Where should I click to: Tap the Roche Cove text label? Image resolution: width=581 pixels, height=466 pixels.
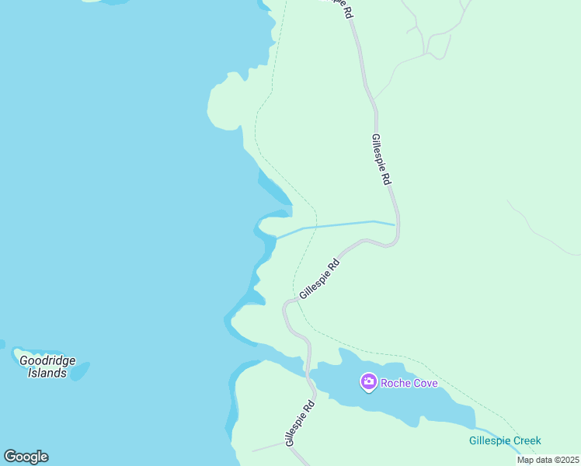(x=409, y=383)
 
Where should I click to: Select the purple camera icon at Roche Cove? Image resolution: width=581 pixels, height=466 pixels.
(x=368, y=382)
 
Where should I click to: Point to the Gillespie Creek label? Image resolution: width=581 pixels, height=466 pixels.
(x=504, y=440)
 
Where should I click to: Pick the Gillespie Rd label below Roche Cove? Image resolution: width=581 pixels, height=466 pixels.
(x=299, y=423)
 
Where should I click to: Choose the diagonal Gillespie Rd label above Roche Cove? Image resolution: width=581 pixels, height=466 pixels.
(x=320, y=278)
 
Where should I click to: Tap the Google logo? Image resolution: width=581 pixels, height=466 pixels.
(x=26, y=457)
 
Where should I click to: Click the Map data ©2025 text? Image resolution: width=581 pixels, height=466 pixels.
(x=548, y=460)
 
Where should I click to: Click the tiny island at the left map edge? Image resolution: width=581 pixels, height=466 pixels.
(x=2, y=343)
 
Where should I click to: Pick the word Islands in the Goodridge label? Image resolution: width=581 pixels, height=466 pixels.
(x=47, y=373)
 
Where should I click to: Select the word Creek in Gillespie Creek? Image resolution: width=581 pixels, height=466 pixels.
(x=525, y=440)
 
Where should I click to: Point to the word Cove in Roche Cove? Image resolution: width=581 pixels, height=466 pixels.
(x=424, y=383)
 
